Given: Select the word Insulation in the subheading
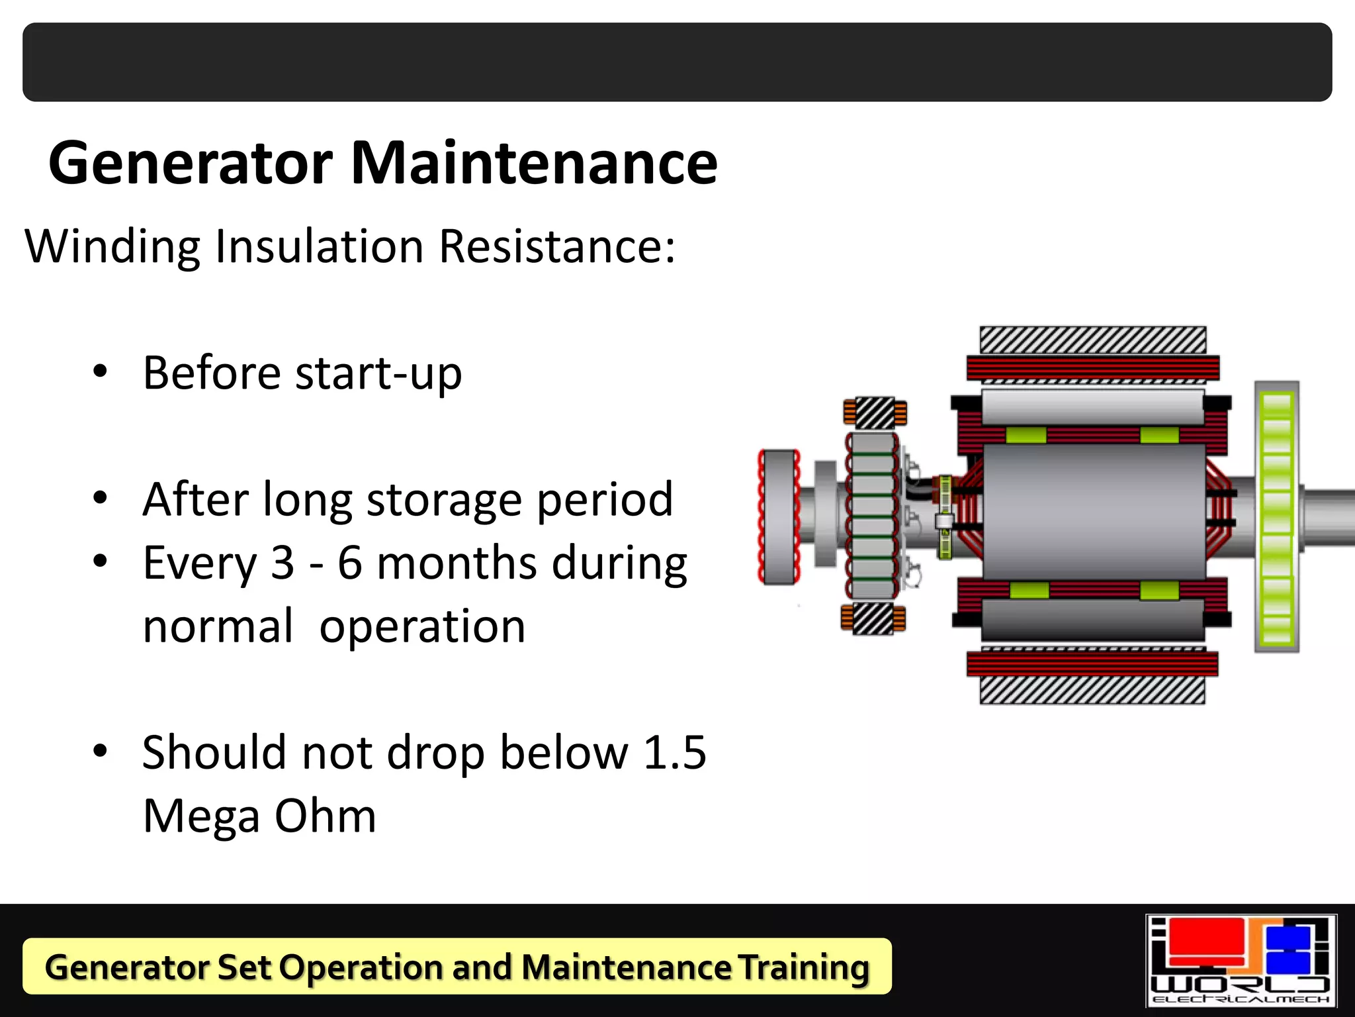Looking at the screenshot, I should [319, 246].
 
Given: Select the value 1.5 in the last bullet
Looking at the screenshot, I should [674, 753].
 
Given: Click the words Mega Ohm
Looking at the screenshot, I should [259, 816].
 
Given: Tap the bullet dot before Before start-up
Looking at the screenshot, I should [100, 371].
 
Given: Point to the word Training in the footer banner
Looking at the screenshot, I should [803, 967].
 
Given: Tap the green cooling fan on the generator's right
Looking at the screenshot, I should [1276, 517].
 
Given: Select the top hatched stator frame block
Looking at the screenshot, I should [1092, 340].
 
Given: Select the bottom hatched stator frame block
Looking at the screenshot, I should [1092, 691].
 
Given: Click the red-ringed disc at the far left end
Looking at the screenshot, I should [779, 517].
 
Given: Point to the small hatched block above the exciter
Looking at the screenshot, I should [875, 412].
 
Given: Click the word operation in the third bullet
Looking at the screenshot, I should [422, 626].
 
